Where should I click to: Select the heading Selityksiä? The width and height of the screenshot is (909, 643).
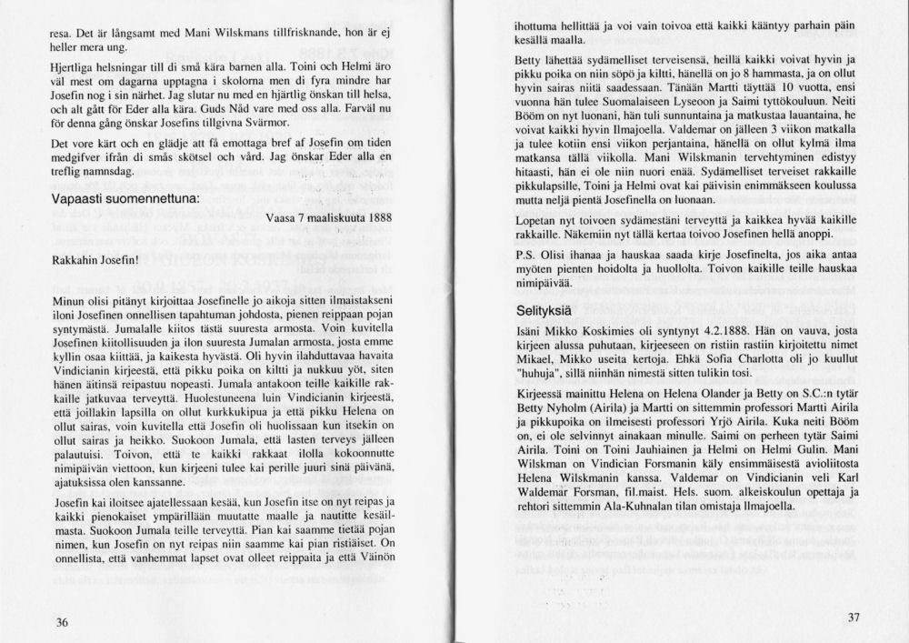coord(540,311)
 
